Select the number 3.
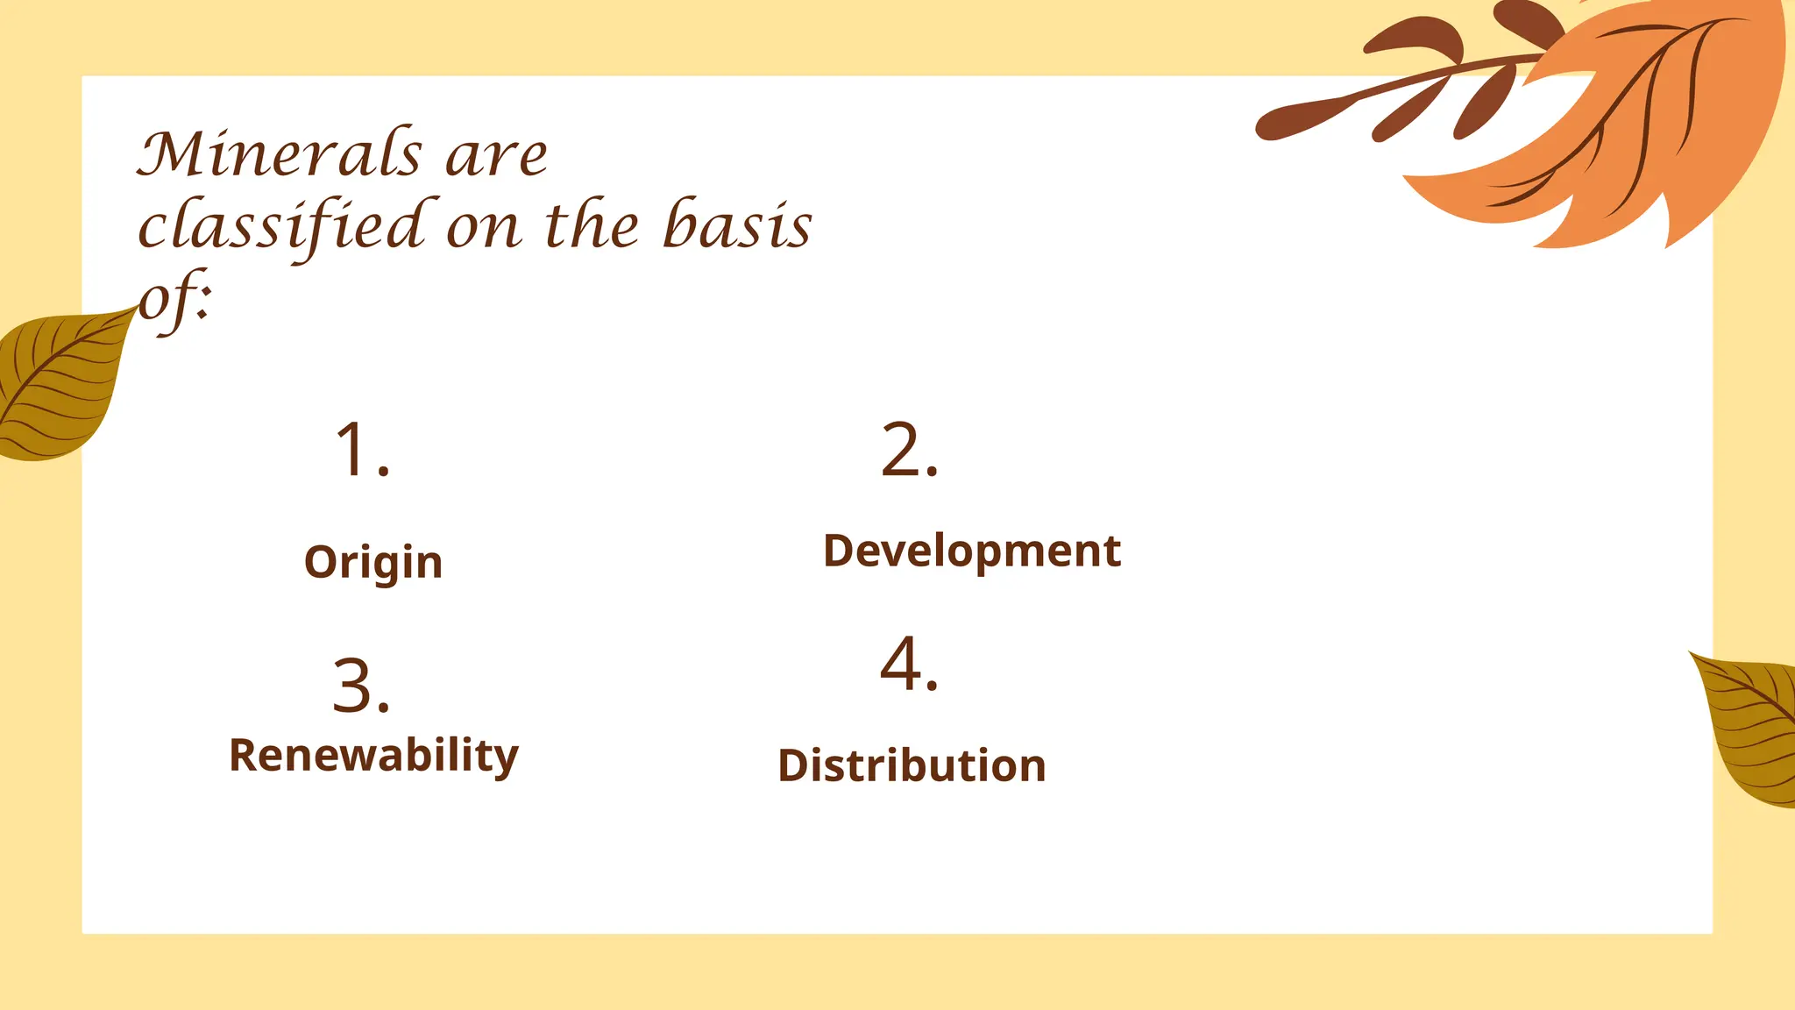[x=361, y=686]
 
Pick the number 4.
[x=909, y=665]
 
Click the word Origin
[x=373, y=562]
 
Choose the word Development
[x=971, y=551]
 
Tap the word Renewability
[x=373, y=756]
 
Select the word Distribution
[x=912, y=765]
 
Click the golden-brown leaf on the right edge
[x=1753, y=728]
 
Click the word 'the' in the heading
[x=592, y=225]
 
